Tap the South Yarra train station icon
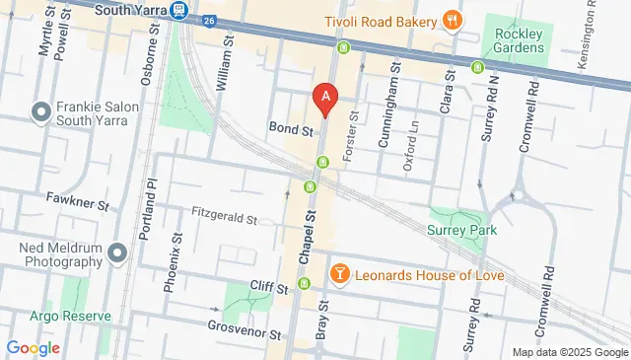pyautogui.click(x=179, y=11)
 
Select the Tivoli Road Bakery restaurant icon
pyautogui.click(x=453, y=20)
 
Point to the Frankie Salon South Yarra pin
pyautogui.click(x=41, y=113)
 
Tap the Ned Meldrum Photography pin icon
pyautogui.click(x=117, y=254)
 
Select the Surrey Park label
pyautogui.click(x=461, y=230)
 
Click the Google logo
pyautogui.click(x=33, y=347)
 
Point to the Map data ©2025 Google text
pyautogui.click(x=569, y=352)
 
